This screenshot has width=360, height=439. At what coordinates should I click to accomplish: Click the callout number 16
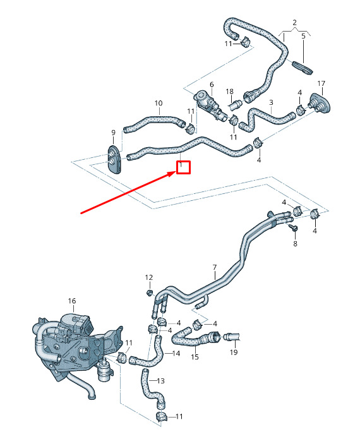72,301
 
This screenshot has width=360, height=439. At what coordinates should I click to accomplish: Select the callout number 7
215,267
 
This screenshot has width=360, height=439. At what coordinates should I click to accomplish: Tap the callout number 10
159,104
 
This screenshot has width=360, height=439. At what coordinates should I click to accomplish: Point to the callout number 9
114,133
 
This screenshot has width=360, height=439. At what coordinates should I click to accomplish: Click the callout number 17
321,83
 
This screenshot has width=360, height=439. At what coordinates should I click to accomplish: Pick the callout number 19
234,352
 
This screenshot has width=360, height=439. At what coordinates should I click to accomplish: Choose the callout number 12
149,277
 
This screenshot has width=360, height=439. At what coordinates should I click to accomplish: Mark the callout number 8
295,244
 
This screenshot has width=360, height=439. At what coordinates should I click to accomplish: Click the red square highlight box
184,167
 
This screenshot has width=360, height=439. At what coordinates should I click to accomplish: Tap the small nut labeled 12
150,293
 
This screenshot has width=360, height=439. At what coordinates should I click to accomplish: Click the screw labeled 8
294,227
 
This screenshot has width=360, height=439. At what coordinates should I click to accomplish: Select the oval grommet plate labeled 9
114,159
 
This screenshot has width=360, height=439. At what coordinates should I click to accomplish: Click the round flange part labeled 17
320,104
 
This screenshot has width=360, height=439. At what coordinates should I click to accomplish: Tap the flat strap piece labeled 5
303,68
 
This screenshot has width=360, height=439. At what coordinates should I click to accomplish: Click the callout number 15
195,357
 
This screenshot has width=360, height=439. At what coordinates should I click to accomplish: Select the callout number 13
161,381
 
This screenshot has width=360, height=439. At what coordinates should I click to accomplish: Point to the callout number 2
294,22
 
